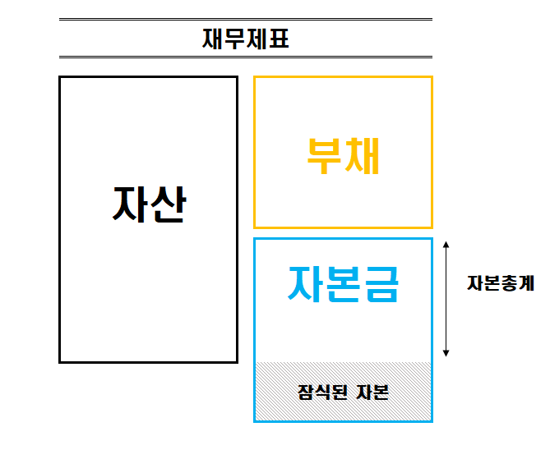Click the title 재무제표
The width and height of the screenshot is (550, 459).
tap(245, 39)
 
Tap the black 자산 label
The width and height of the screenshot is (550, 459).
tap(149, 204)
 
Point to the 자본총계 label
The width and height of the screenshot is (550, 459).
tap(500, 284)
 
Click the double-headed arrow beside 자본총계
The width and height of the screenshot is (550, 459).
tap(446, 299)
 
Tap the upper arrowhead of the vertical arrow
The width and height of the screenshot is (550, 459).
tap(446, 246)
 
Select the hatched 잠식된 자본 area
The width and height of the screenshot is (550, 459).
tap(343, 391)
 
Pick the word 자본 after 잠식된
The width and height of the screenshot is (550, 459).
tap(372, 392)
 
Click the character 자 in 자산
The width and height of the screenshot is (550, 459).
tap(130, 204)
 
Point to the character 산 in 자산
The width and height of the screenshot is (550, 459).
tap(168, 204)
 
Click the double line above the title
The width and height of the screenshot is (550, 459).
tap(245, 19)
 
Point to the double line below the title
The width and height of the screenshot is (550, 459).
tap(245, 57)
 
